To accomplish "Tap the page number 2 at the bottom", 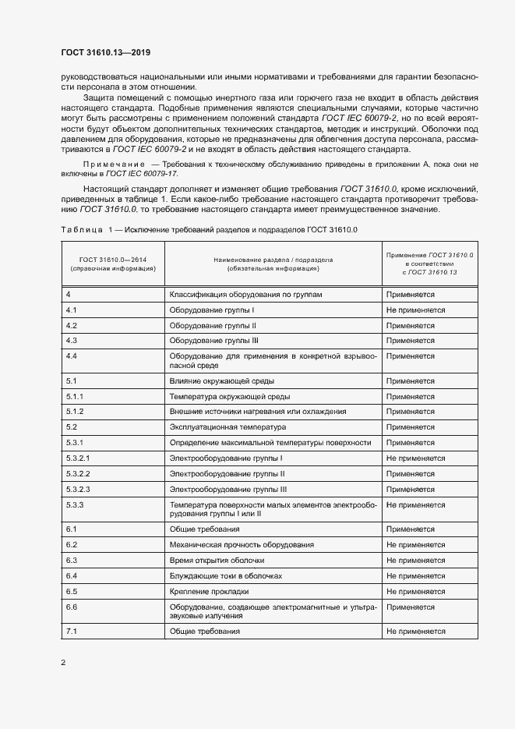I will pyautogui.click(x=63, y=662).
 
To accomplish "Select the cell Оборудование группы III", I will pyautogui.click(x=213, y=340).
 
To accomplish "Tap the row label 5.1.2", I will pyautogui.click(x=75, y=411).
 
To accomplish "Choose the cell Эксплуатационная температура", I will pyautogui.click(x=228, y=427).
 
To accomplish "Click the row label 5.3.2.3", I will pyautogui.click(x=78, y=489).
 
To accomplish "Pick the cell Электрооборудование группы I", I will pyautogui.click(x=226, y=458).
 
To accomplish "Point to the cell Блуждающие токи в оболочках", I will pyautogui.click(x=225, y=575).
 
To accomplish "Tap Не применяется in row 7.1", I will pyautogui.click(x=415, y=631).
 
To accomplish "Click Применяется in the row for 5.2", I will pyautogui.click(x=410, y=427).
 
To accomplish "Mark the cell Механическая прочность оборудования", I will pyautogui.click(x=242, y=544).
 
